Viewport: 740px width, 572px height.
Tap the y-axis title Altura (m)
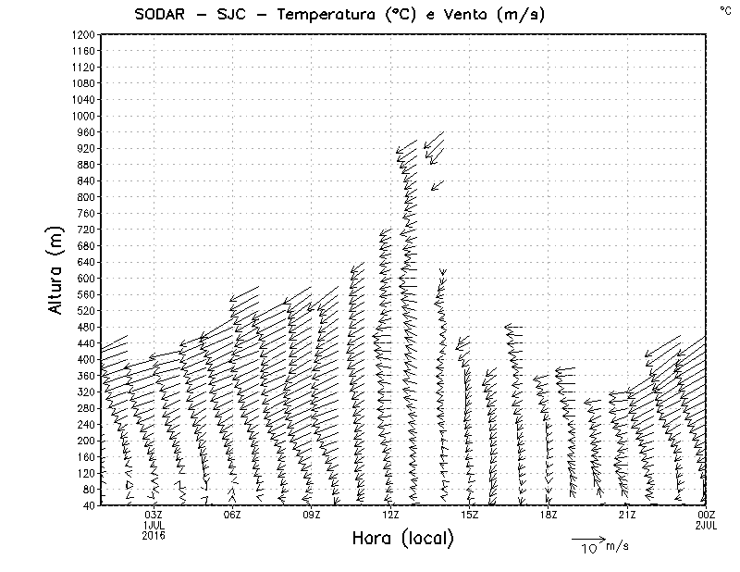[x=57, y=269]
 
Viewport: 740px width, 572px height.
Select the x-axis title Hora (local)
[x=402, y=539]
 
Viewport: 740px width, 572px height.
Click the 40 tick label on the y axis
[x=89, y=505]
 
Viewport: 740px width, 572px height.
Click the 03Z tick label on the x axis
[x=154, y=515]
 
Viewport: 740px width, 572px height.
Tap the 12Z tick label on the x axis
[x=390, y=515]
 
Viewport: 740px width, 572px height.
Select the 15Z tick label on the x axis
[x=469, y=515]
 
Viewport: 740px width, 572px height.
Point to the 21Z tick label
[x=627, y=515]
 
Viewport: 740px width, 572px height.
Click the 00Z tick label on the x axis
[x=707, y=515]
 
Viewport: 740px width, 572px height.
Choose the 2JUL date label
[x=707, y=525]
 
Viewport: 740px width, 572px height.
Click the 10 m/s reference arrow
[x=587, y=537]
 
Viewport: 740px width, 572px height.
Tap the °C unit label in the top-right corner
[x=724, y=9]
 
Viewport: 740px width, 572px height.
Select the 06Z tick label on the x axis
[x=232, y=515]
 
